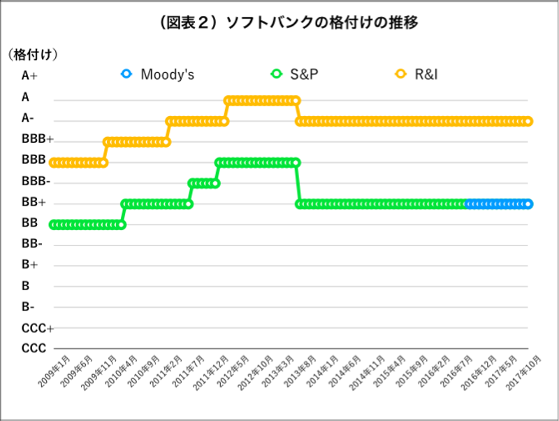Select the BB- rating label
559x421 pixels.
[x=32, y=243]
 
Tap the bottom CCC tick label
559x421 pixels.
[x=34, y=348]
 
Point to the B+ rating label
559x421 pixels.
[x=29, y=264]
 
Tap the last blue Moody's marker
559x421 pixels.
[x=529, y=204]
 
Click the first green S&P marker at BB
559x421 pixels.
[x=53, y=224]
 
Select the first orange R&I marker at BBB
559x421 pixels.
[x=53, y=162]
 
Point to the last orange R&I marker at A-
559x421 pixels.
[x=529, y=121]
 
